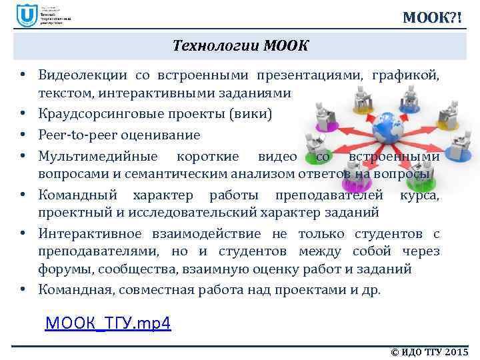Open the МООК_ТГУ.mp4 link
108,324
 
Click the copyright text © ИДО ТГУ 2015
429,351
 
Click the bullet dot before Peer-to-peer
23,135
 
